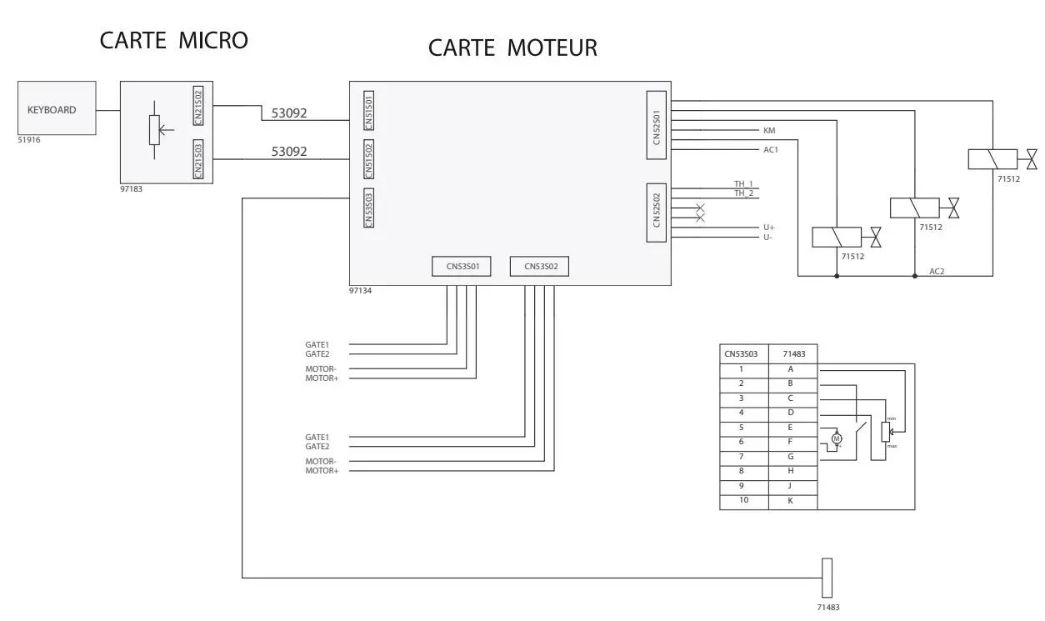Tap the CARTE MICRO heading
tap(173, 40)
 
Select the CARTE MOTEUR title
tap(512, 48)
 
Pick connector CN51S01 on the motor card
tap(369, 111)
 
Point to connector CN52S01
tap(657, 126)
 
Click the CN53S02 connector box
tap(538, 267)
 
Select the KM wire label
tap(769, 130)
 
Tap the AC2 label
tap(937, 272)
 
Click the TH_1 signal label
tap(743, 184)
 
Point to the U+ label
tap(768, 227)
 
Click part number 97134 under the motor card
tap(360, 291)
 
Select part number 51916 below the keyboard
tap(29, 140)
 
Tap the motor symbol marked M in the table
tap(837, 438)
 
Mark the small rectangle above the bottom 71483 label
tap(827, 577)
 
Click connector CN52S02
tap(657, 213)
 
